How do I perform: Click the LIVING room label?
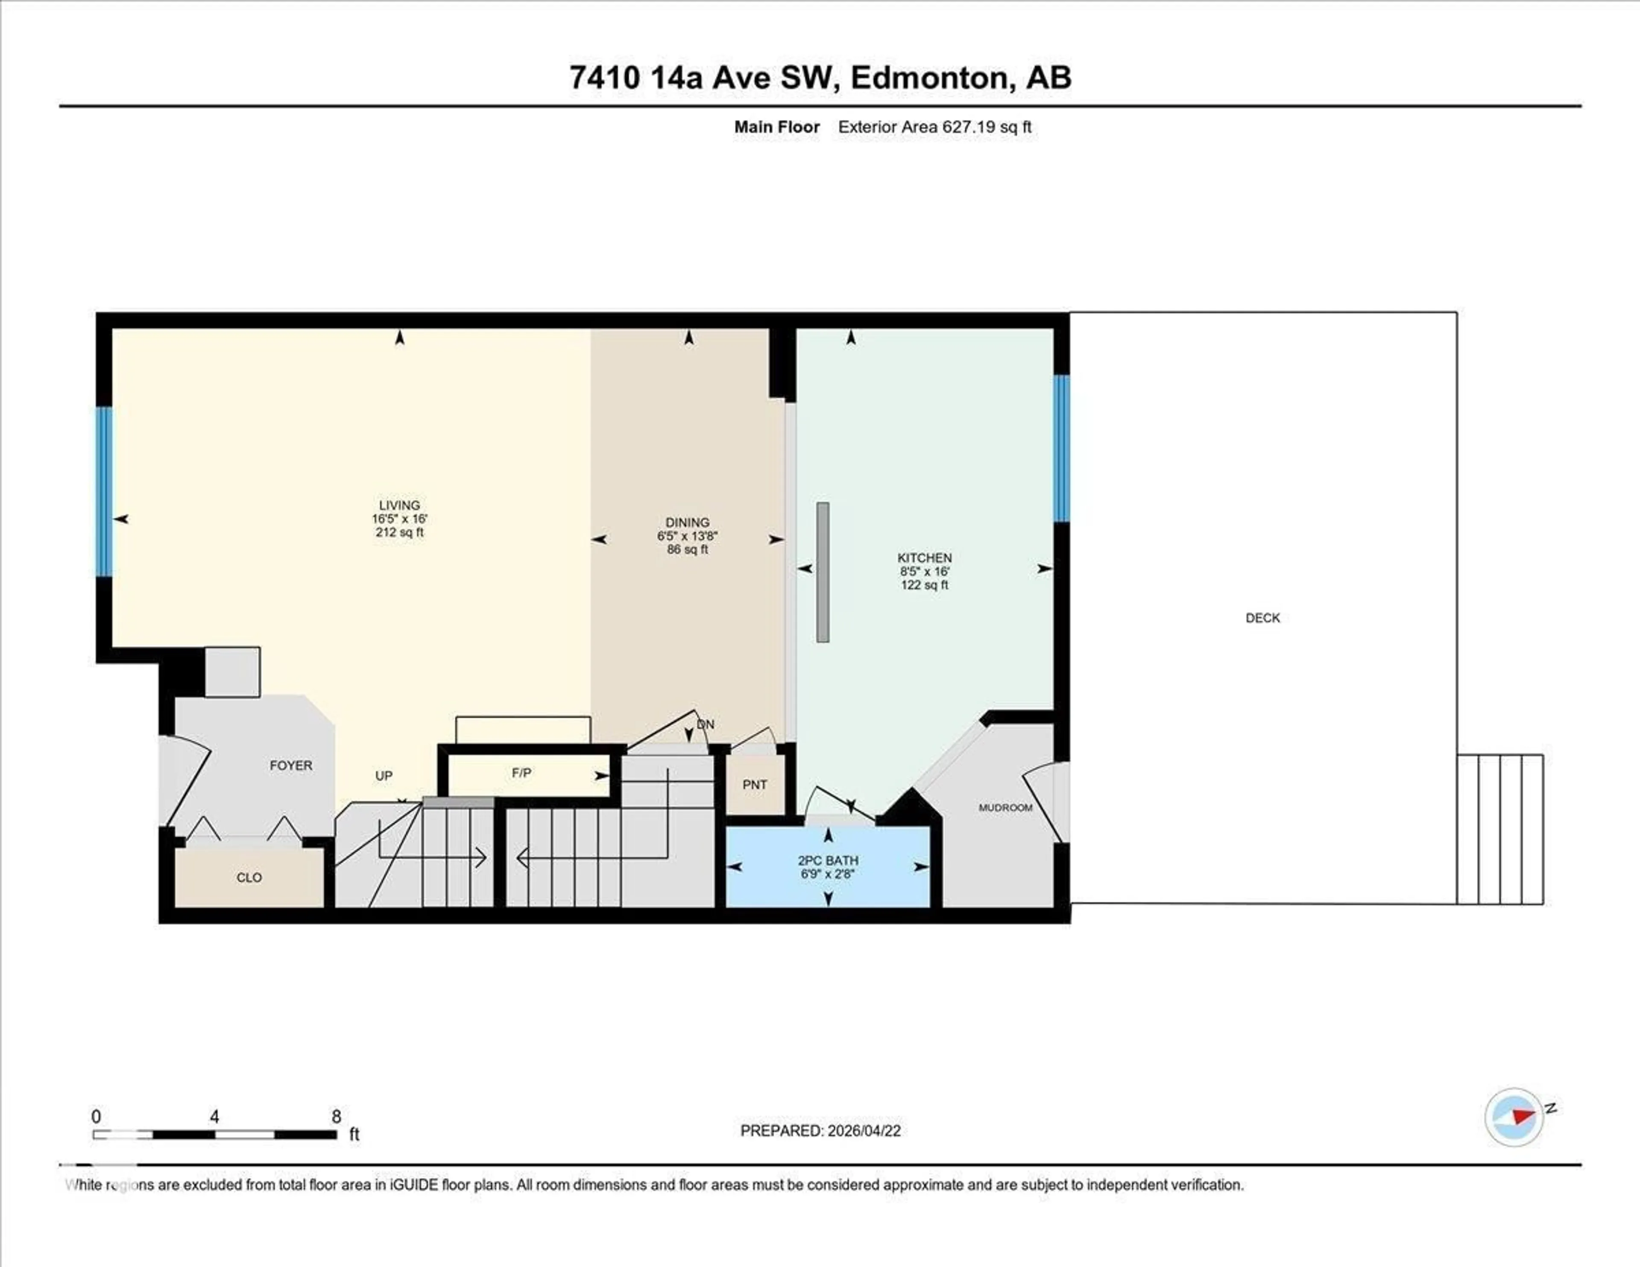click(x=399, y=505)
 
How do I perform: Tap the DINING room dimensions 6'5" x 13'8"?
click(x=687, y=536)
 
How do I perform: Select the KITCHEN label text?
click(x=924, y=558)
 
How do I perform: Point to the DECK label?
click(x=1262, y=618)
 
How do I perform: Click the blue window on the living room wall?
click(x=104, y=492)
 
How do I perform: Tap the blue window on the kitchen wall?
click(x=1060, y=449)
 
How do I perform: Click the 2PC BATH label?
click(x=828, y=861)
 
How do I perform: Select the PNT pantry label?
click(x=755, y=785)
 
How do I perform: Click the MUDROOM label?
click(x=1005, y=808)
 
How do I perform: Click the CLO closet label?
click(x=249, y=878)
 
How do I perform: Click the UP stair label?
click(x=384, y=776)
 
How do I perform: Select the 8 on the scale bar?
click(x=337, y=1117)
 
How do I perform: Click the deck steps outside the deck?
click(x=1499, y=829)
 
